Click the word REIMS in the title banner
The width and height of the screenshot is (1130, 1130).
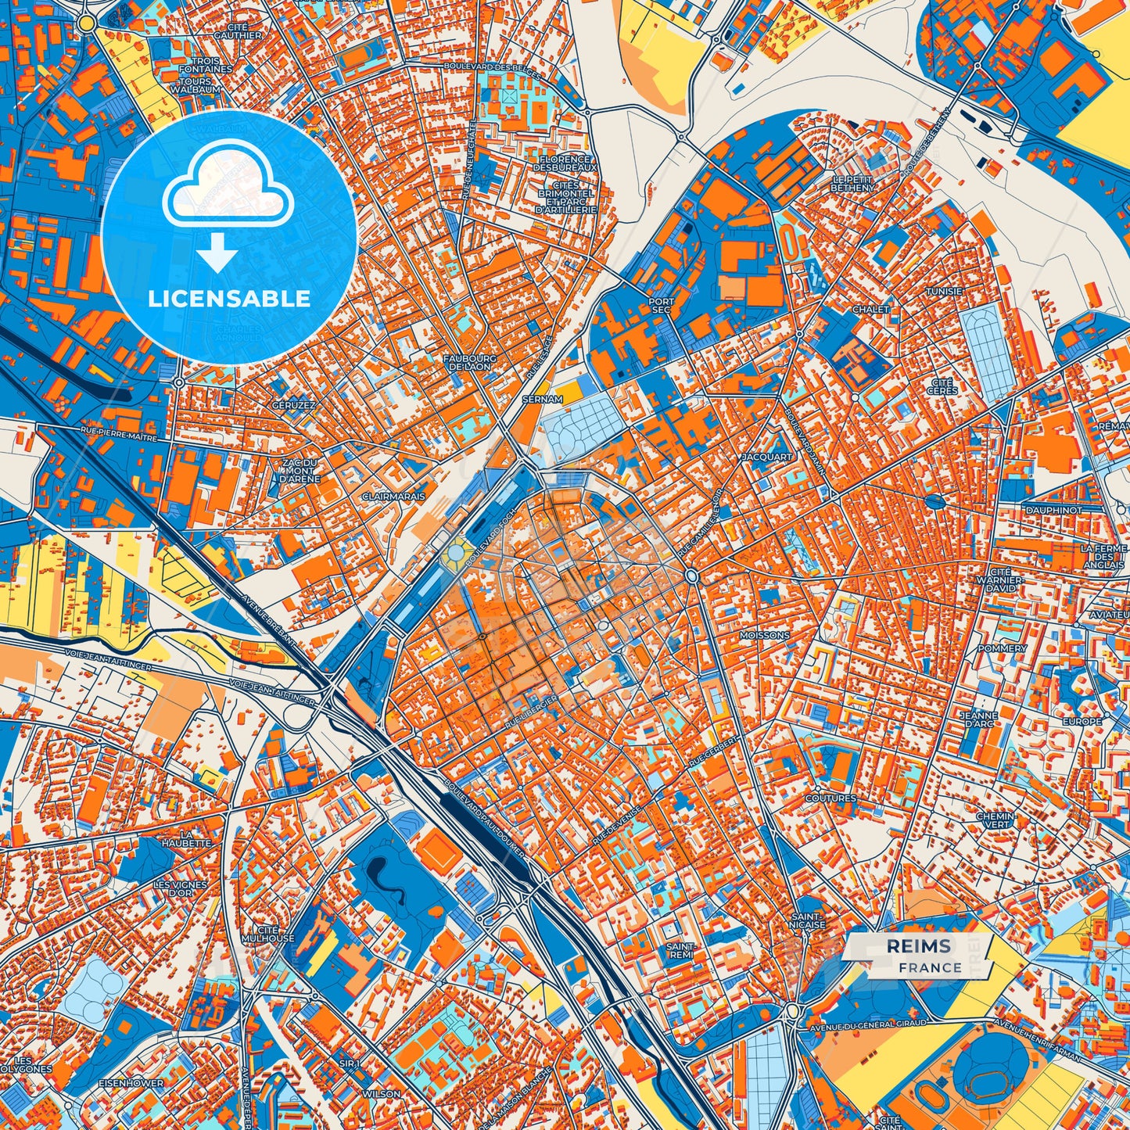(x=918, y=946)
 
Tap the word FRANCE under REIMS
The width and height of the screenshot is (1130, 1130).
(x=930, y=967)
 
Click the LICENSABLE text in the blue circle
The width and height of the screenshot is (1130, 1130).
(x=229, y=298)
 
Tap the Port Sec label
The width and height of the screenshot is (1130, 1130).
(x=661, y=305)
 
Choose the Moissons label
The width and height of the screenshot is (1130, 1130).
(x=765, y=636)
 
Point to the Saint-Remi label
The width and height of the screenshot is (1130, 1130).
(x=680, y=950)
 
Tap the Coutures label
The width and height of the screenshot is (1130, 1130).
(x=830, y=798)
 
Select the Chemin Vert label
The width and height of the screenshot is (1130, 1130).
(x=995, y=820)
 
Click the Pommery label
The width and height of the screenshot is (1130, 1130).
(x=1002, y=648)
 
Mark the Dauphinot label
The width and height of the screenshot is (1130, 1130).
(x=1054, y=510)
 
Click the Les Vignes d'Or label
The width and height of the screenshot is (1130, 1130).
(x=181, y=888)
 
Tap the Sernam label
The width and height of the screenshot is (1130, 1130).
(x=542, y=399)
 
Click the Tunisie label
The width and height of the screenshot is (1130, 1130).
(x=944, y=291)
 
